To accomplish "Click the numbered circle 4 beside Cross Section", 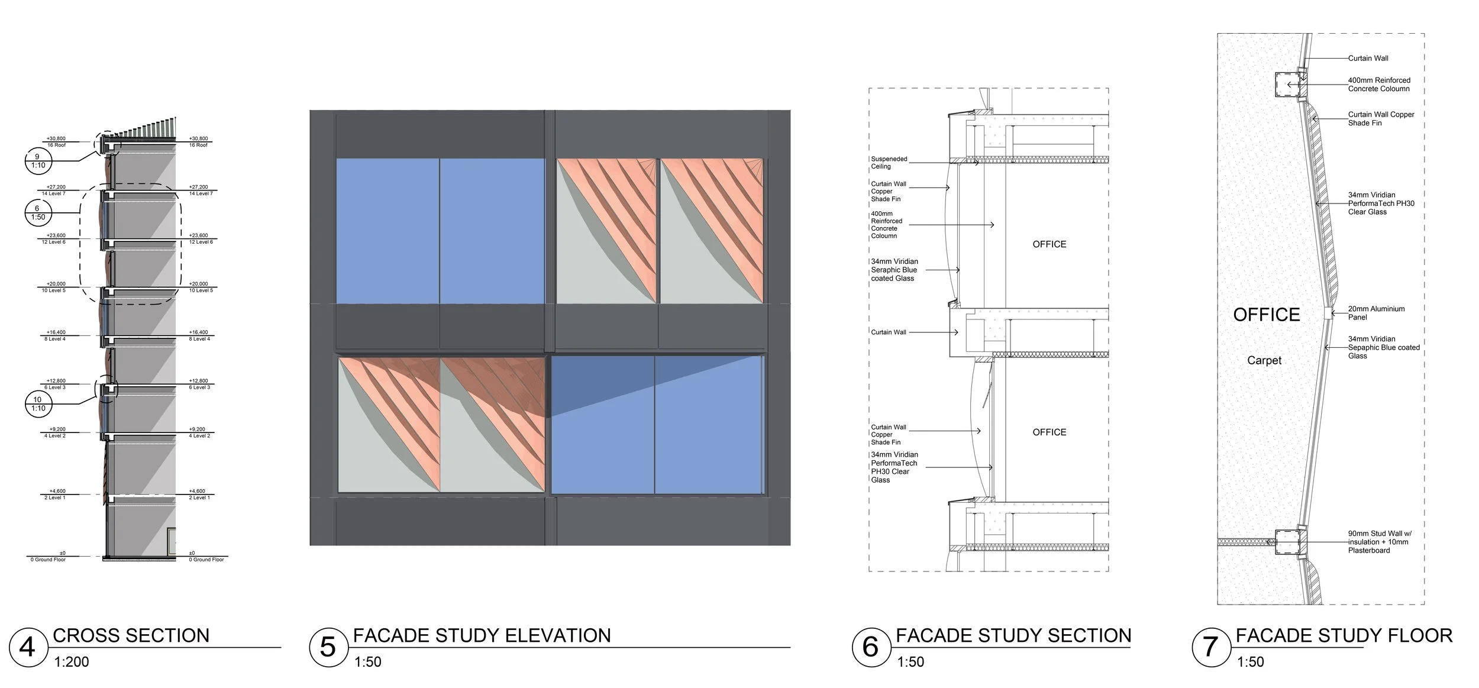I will (x=27, y=647).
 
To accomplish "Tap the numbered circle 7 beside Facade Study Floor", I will (x=1210, y=647).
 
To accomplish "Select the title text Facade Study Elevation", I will (x=482, y=636).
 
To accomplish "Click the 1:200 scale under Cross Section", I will (x=72, y=662).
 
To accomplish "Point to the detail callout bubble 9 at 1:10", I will (x=38, y=161).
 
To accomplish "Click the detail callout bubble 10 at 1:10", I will (x=38, y=404).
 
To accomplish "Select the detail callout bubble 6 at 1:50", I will (x=38, y=213).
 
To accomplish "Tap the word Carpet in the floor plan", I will (x=1264, y=360).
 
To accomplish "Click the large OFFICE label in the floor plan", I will (x=1267, y=315).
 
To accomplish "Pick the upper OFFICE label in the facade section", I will (x=1049, y=244).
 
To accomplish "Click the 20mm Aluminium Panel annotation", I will (x=1376, y=313).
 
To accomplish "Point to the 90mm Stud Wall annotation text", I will (x=1378, y=542).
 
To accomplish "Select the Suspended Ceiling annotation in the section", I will (x=889, y=163).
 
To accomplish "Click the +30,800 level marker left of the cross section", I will (x=56, y=139).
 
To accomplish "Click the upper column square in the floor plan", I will (x=1286, y=85).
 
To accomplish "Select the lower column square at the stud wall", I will (x=1287, y=542).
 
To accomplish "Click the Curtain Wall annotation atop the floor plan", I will (x=1368, y=58).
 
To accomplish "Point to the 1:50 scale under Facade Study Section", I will (x=910, y=662).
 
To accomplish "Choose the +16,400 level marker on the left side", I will (x=56, y=332).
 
